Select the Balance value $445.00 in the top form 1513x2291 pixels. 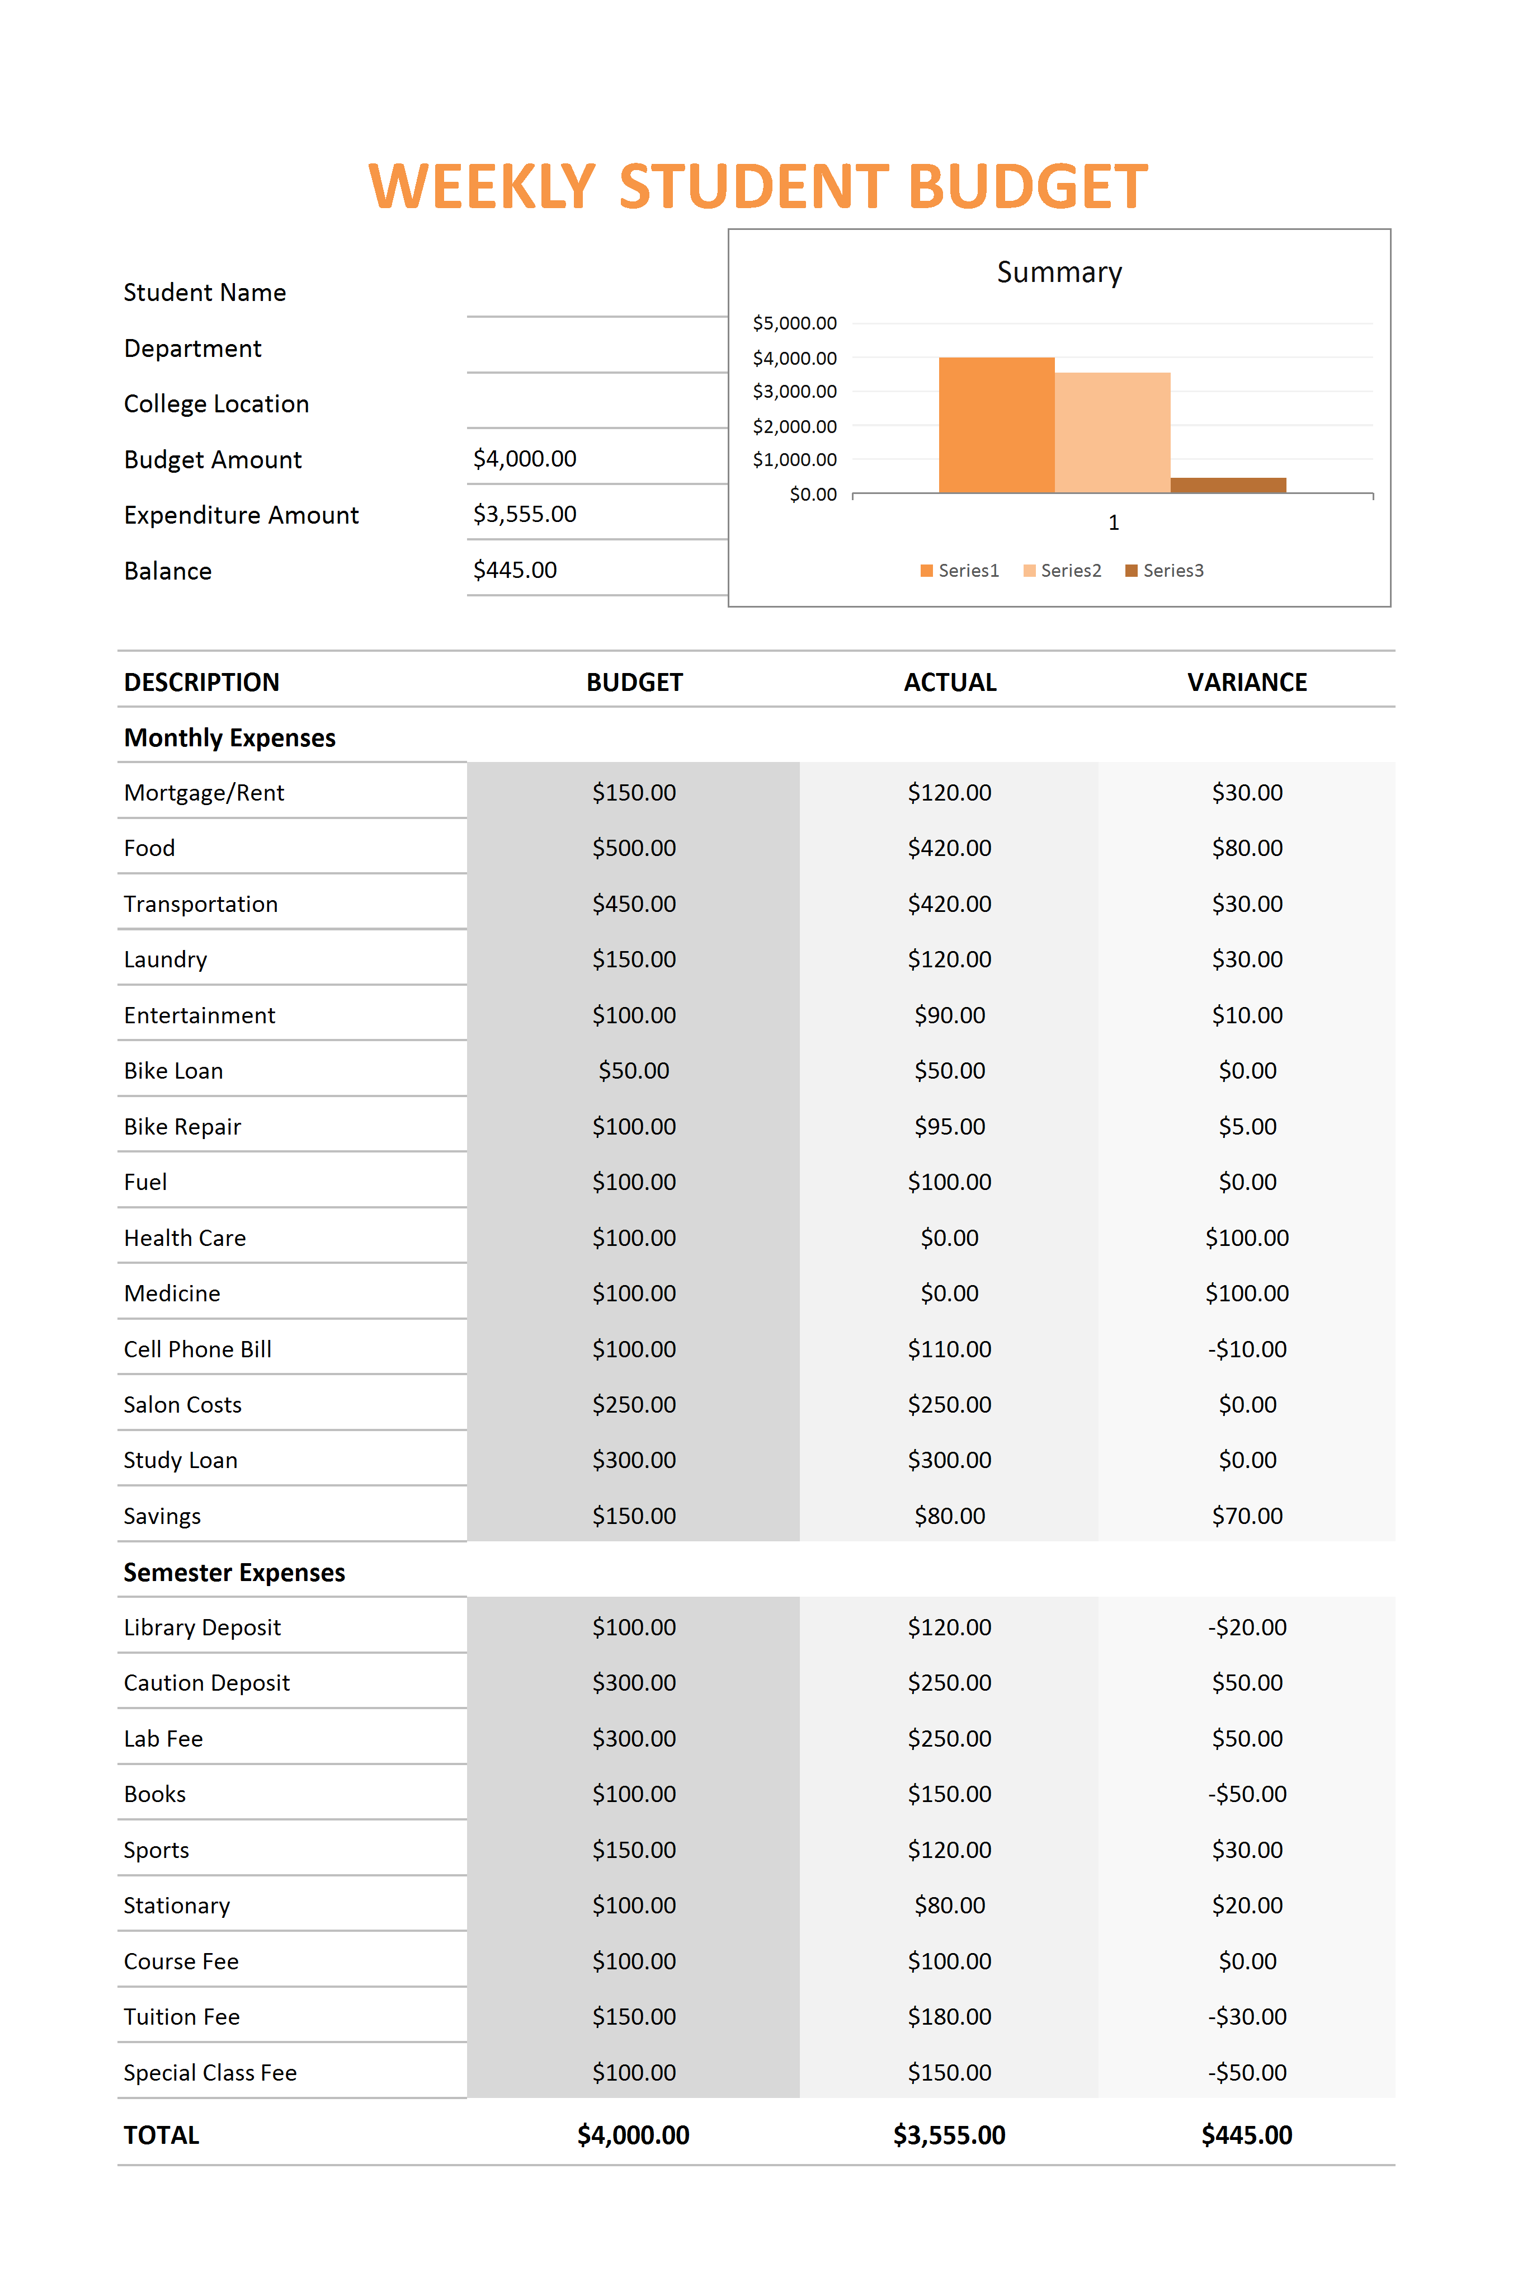coord(515,570)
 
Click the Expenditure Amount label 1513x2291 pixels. coord(241,515)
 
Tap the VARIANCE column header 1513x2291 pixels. coord(1247,683)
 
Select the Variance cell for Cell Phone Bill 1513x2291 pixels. coord(1247,1349)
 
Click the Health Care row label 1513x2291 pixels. coord(185,1238)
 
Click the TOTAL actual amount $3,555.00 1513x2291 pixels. coord(950,2135)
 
